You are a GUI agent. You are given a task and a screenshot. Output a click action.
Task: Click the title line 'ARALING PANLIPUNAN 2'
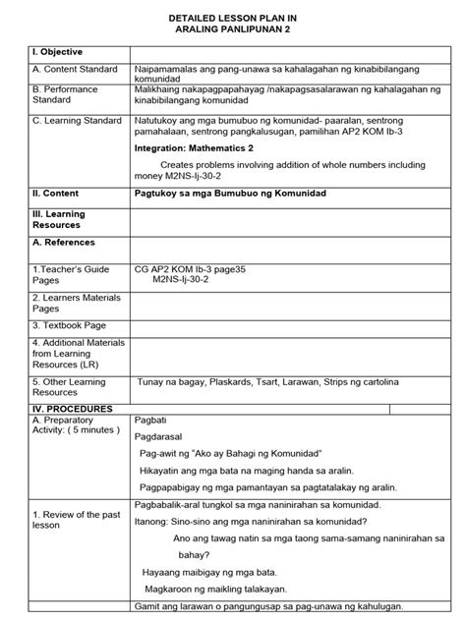232,28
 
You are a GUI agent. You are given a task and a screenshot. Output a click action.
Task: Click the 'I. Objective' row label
57,51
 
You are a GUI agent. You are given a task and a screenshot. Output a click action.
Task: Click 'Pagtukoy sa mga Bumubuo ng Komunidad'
229,194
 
